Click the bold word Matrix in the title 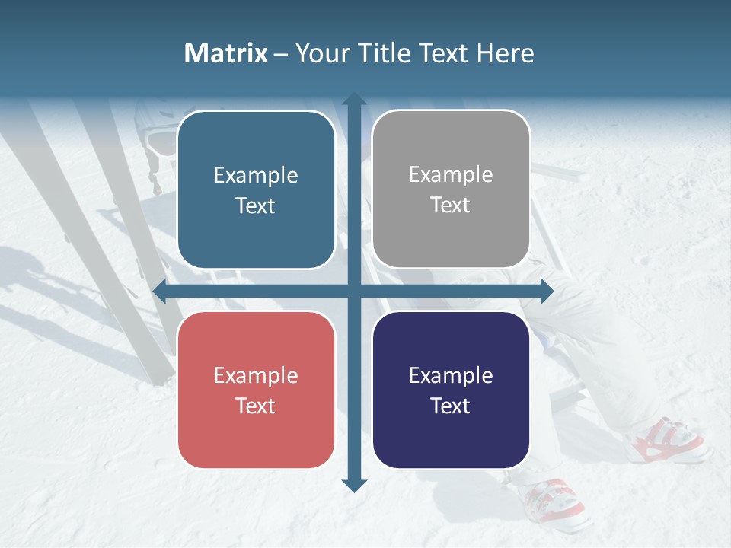point(225,53)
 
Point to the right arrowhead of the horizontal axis point(546,291)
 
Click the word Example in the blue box point(256,176)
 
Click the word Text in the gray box point(451,205)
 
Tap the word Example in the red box point(256,376)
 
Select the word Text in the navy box point(451,406)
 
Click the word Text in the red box point(256,406)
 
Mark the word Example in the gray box point(451,175)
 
